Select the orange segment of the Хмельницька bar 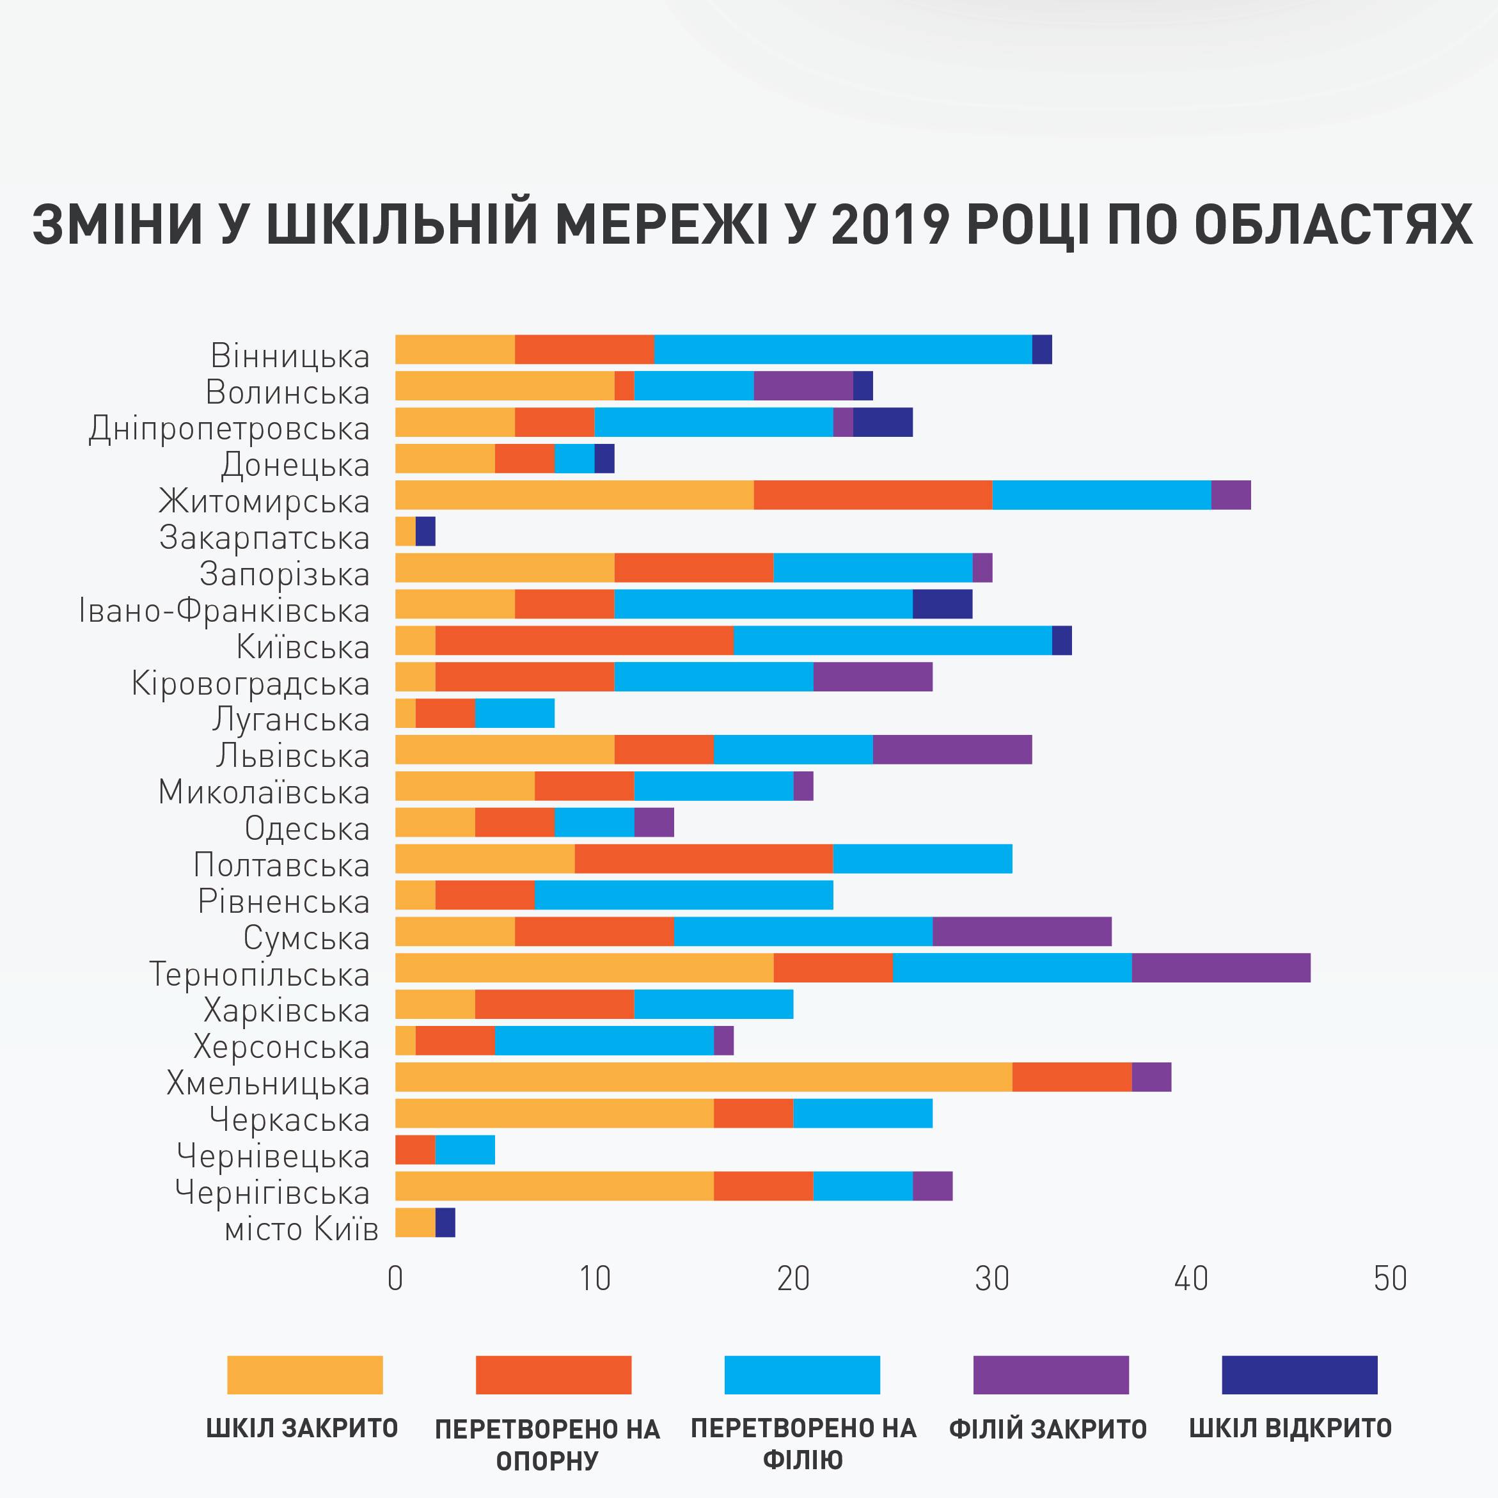tap(703, 1077)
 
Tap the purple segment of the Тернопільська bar tap(1220, 968)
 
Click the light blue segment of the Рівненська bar tap(683, 895)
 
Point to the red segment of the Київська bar tap(584, 640)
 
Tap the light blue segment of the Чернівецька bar tap(464, 1150)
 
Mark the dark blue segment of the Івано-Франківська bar tap(942, 604)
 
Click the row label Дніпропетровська tap(230, 429)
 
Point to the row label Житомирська tap(264, 501)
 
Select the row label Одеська tap(307, 829)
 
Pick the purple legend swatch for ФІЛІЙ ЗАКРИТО tap(1051, 1375)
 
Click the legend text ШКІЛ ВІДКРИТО tap(1290, 1428)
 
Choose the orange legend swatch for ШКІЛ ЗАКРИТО tap(304, 1375)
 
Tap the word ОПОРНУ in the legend tap(547, 1461)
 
